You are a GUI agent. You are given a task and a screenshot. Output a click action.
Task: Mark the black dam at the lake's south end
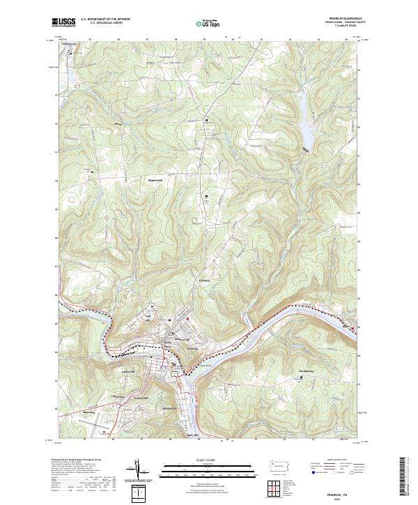point(304,148)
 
